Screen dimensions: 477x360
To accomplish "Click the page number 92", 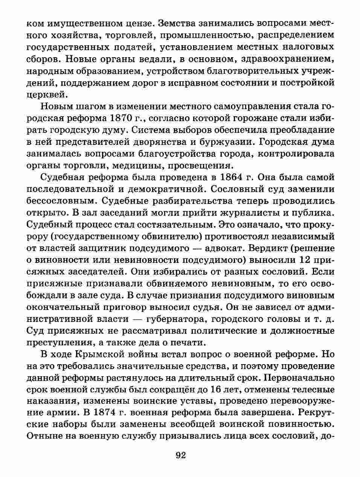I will click(181, 456).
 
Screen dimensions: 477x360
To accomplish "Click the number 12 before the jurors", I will click(306, 260).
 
